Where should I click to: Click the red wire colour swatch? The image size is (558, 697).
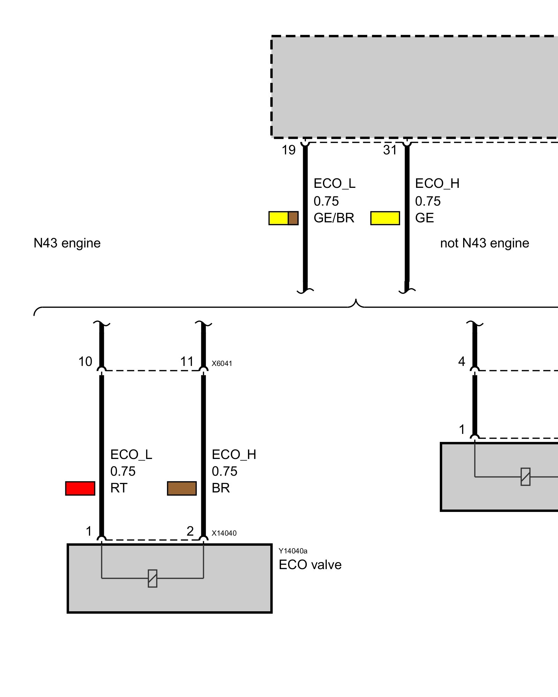pyautogui.click(x=80, y=488)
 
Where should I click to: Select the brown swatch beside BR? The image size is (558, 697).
pyautogui.click(x=182, y=488)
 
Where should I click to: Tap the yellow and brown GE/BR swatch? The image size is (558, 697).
pyautogui.click(x=283, y=218)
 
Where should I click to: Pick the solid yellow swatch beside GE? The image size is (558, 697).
pyautogui.click(x=385, y=218)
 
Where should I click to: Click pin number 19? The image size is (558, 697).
pyautogui.click(x=288, y=150)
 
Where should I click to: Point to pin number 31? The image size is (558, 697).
pyautogui.click(x=390, y=150)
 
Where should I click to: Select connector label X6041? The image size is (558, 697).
pyautogui.click(x=222, y=363)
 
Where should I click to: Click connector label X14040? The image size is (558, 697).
pyautogui.click(x=224, y=533)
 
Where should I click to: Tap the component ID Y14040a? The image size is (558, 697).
pyautogui.click(x=293, y=551)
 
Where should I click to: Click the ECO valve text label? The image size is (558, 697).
pyautogui.click(x=310, y=565)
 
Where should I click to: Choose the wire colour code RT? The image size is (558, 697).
pyautogui.click(x=119, y=488)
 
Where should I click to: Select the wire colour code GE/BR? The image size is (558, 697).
pyautogui.click(x=334, y=218)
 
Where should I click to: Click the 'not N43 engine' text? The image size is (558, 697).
pyautogui.click(x=484, y=243)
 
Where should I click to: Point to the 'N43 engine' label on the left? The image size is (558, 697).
pyautogui.click(x=67, y=243)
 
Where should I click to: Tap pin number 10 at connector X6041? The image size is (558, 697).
pyautogui.click(x=85, y=362)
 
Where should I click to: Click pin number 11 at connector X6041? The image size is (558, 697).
pyautogui.click(x=187, y=362)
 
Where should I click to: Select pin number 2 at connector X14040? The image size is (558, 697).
pyautogui.click(x=190, y=531)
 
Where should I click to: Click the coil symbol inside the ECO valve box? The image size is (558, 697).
pyautogui.click(x=152, y=579)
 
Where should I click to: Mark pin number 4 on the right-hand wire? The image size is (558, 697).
pyautogui.click(x=461, y=362)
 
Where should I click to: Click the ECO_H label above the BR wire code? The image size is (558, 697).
pyautogui.click(x=234, y=455)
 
